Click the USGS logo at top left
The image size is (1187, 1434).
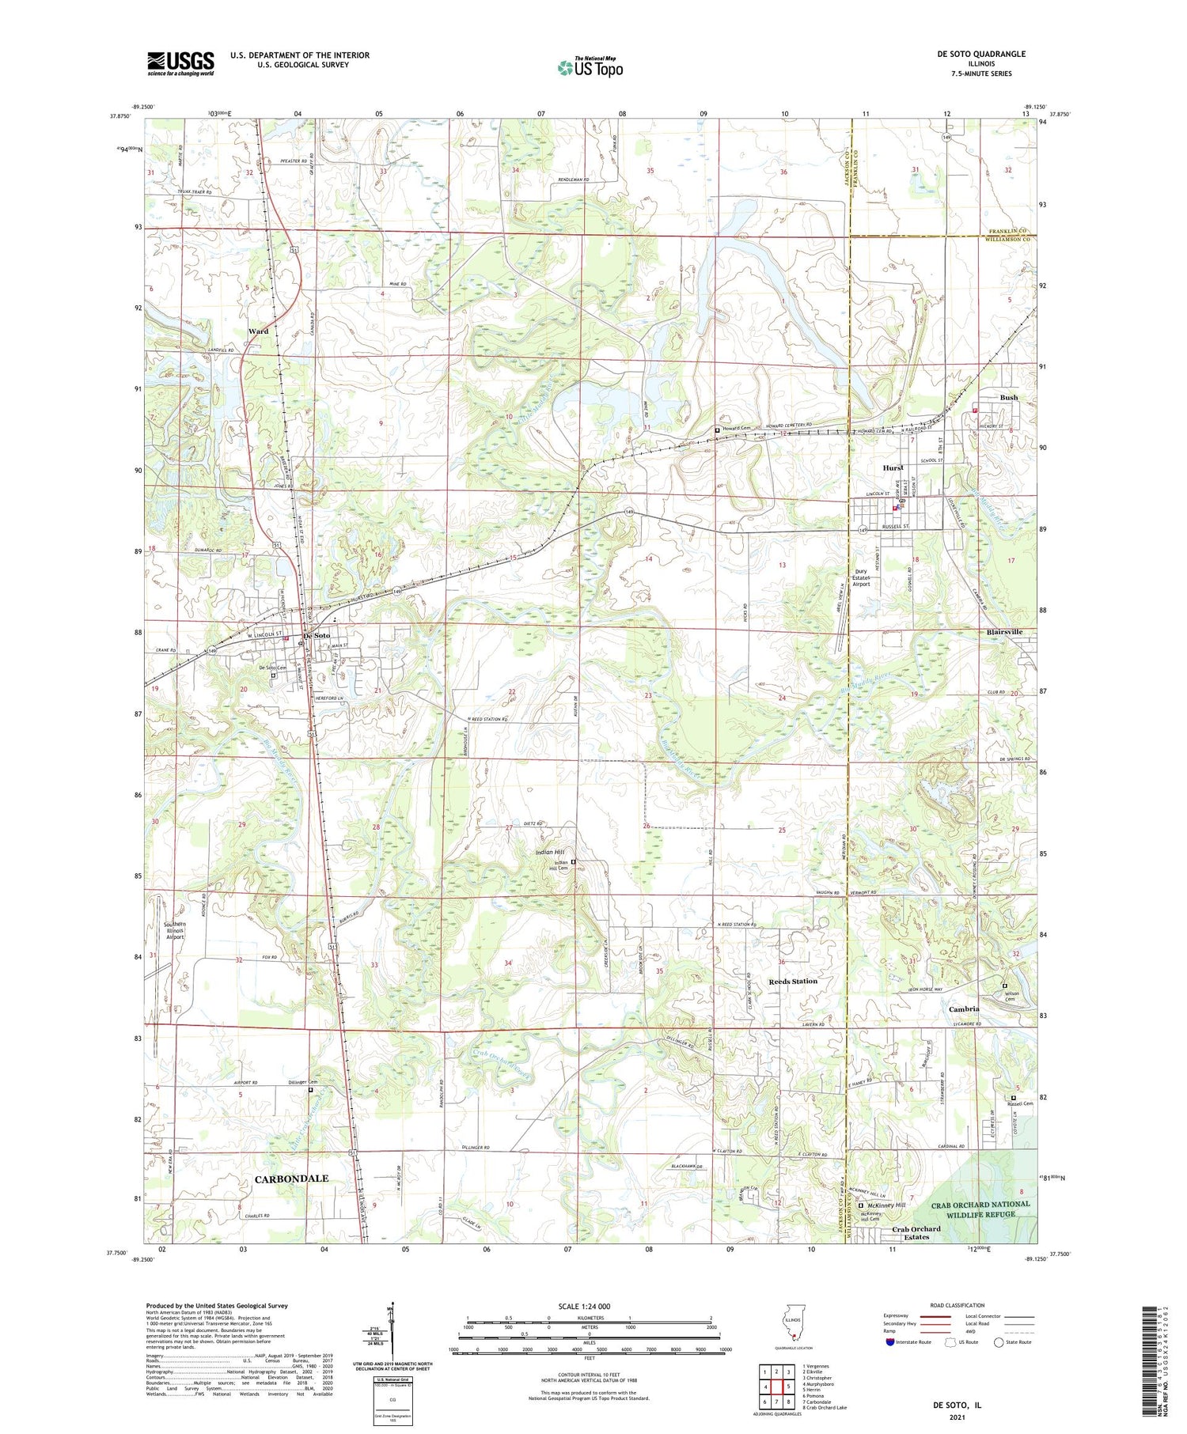(x=180, y=63)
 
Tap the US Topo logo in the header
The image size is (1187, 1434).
(x=590, y=67)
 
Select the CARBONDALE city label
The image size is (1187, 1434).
(x=291, y=1179)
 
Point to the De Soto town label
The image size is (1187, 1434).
(x=317, y=636)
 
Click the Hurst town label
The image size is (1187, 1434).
(x=893, y=468)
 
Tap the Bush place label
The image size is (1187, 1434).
(x=1008, y=398)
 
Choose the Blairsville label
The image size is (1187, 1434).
(x=1004, y=632)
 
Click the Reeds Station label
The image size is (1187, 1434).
(x=793, y=981)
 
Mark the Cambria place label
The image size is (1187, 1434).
(x=964, y=1009)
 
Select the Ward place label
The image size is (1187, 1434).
(x=258, y=331)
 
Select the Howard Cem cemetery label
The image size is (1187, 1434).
(x=735, y=429)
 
